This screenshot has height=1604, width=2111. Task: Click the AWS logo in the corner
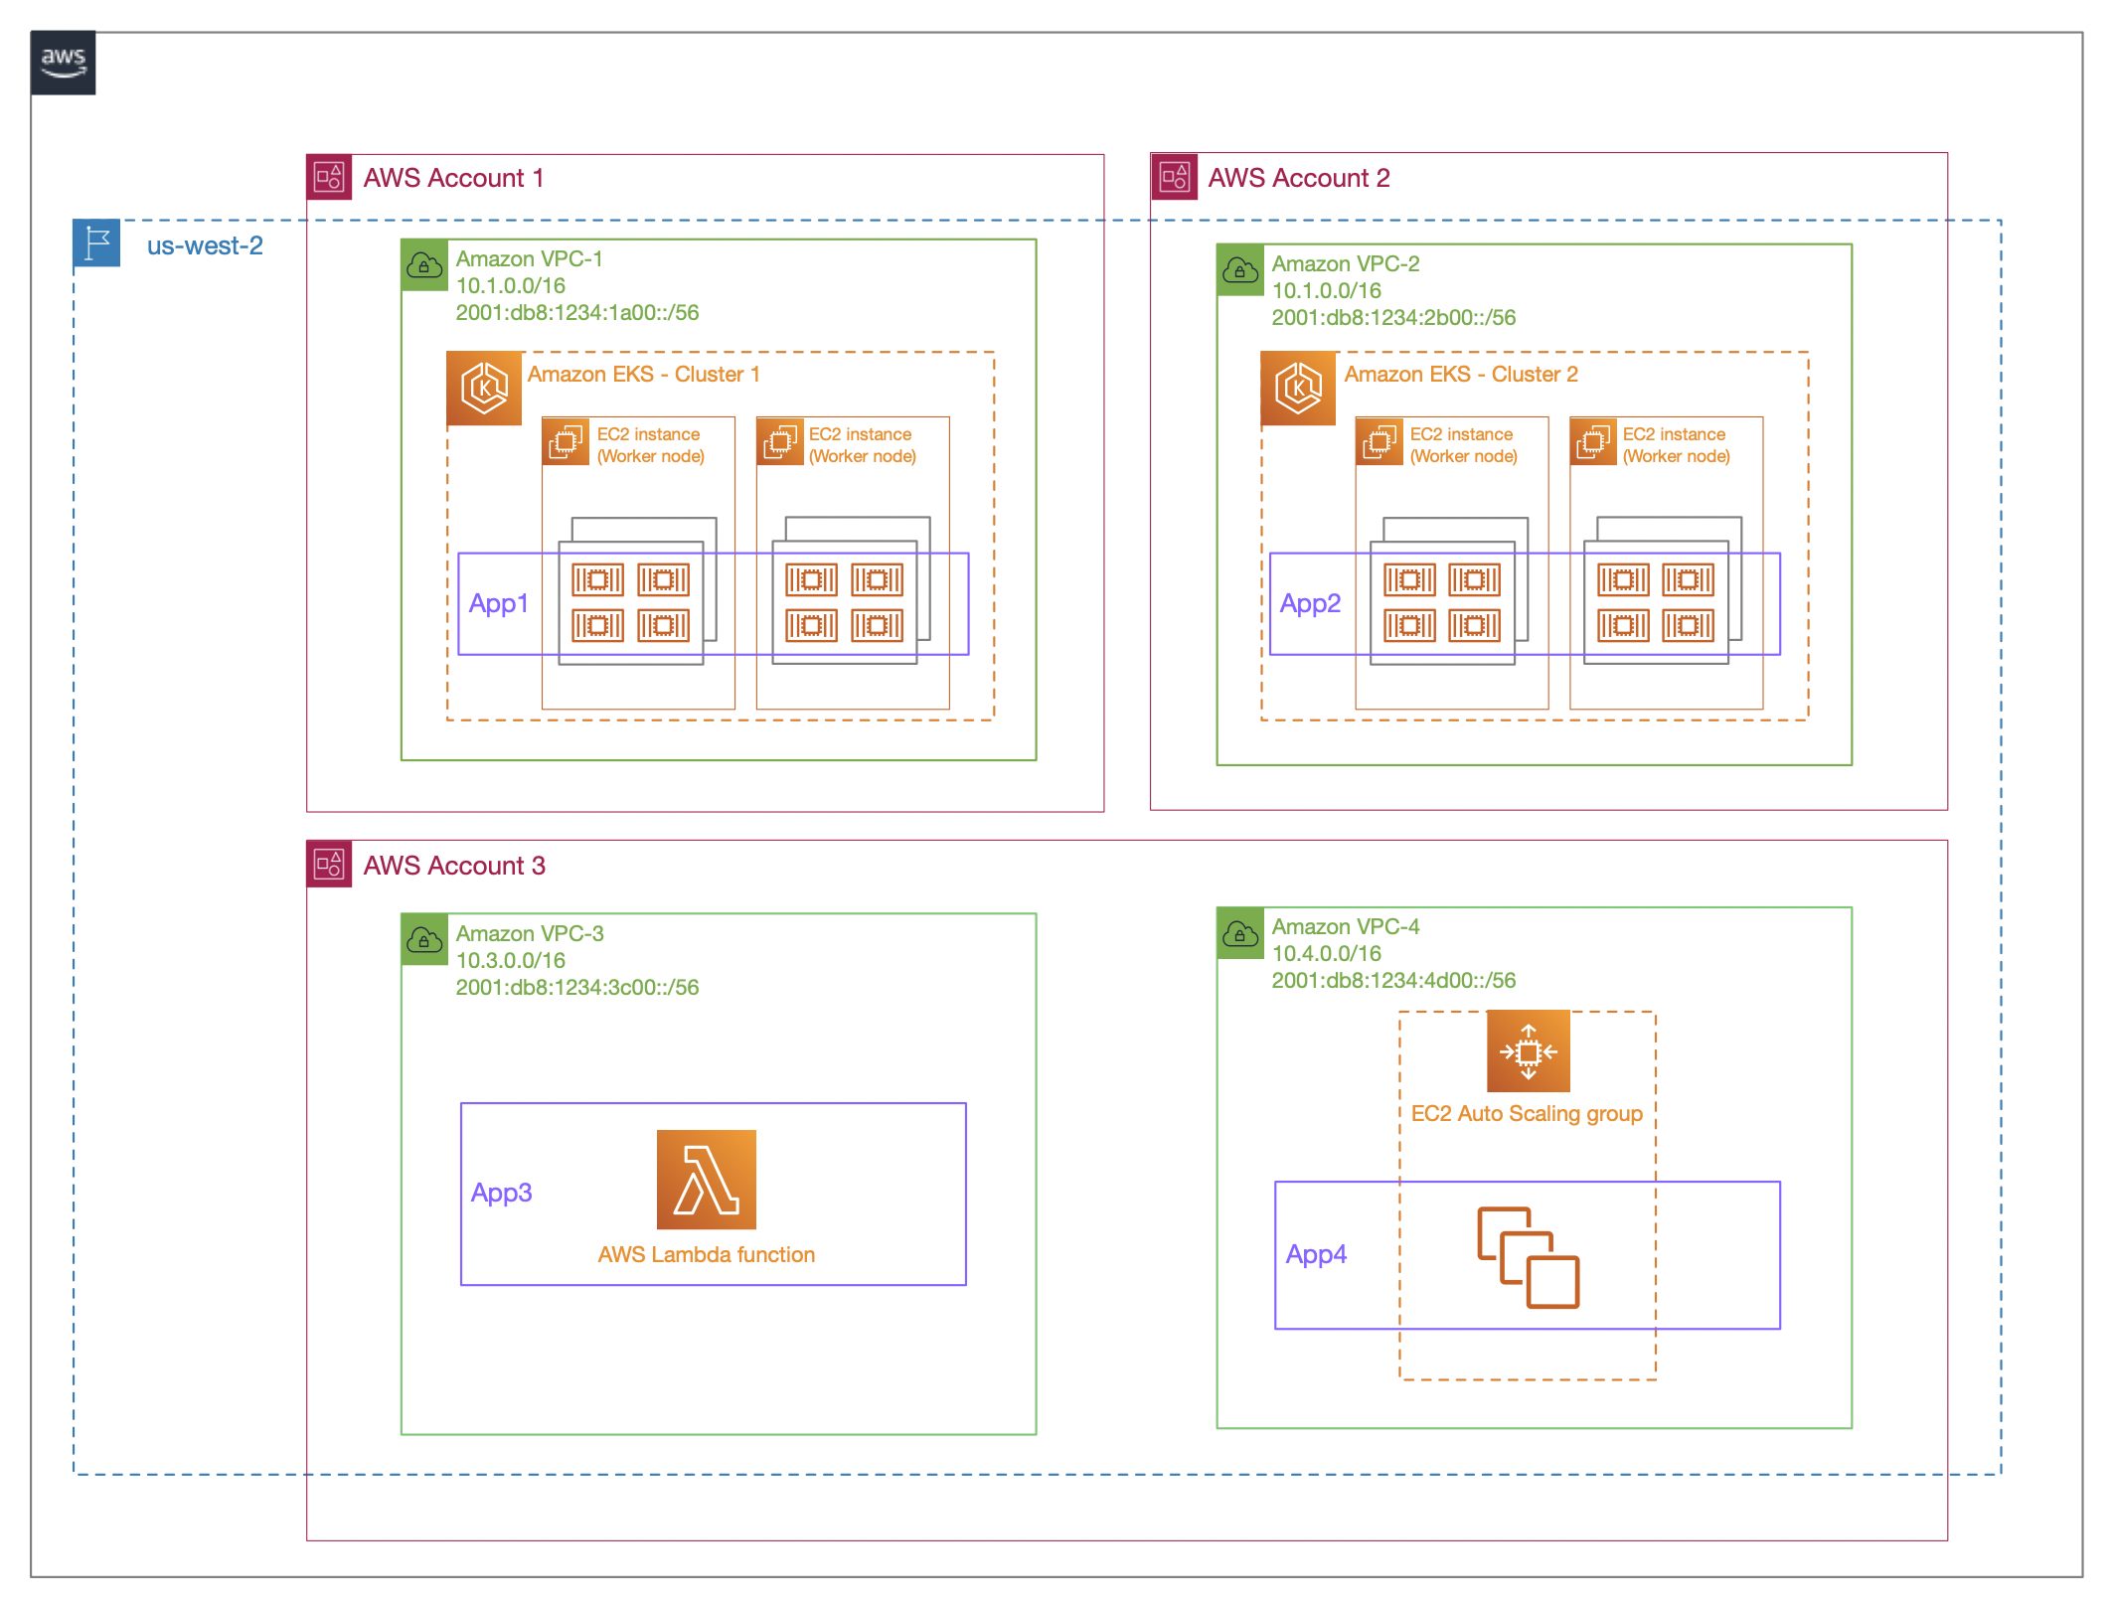pyautogui.click(x=63, y=63)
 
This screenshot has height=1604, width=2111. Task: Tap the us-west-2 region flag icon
pyautogui.click(x=96, y=243)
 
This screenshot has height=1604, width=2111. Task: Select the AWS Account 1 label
pyautogui.click(x=453, y=178)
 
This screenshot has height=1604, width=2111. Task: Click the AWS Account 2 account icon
pyautogui.click(x=1174, y=177)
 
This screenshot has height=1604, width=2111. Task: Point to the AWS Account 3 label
pyautogui.click(x=454, y=866)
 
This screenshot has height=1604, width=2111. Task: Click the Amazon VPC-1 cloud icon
pyautogui.click(x=425, y=265)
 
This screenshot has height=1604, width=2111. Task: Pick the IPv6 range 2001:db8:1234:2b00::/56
pyautogui.click(x=1393, y=318)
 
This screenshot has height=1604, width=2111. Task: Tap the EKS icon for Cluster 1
pyautogui.click(x=484, y=388)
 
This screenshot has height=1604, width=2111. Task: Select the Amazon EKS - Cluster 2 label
pyautogui.click(x=1460, y=375)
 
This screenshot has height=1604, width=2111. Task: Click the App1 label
pyautogui.click(x=498, y=603)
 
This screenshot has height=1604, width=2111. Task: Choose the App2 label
pyautogui.click(x=1310, y=603)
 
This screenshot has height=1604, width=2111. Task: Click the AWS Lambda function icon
pyautogui.click(x=706, y=1180)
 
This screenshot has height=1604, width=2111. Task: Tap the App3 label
pyautogui.click(x=501, y=1193)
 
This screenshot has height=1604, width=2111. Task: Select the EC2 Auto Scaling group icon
pyautogui.click(x=1528, y=1051)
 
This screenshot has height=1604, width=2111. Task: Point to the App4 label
pyautogui.click(x=1316, y=1254)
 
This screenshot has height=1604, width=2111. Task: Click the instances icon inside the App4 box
pyautogui.click(x=1528, y=1257)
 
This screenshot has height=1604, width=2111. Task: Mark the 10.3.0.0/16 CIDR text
pyautogui.click(x=510, y=961)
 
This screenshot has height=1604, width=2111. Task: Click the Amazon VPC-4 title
pyautogui.click(x=1345, y=927)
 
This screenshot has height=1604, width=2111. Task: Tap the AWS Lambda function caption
pyautogui.click(x=706, y=1255)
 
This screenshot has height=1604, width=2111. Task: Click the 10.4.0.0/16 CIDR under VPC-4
pyautogui.click(x=1326, y=954)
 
